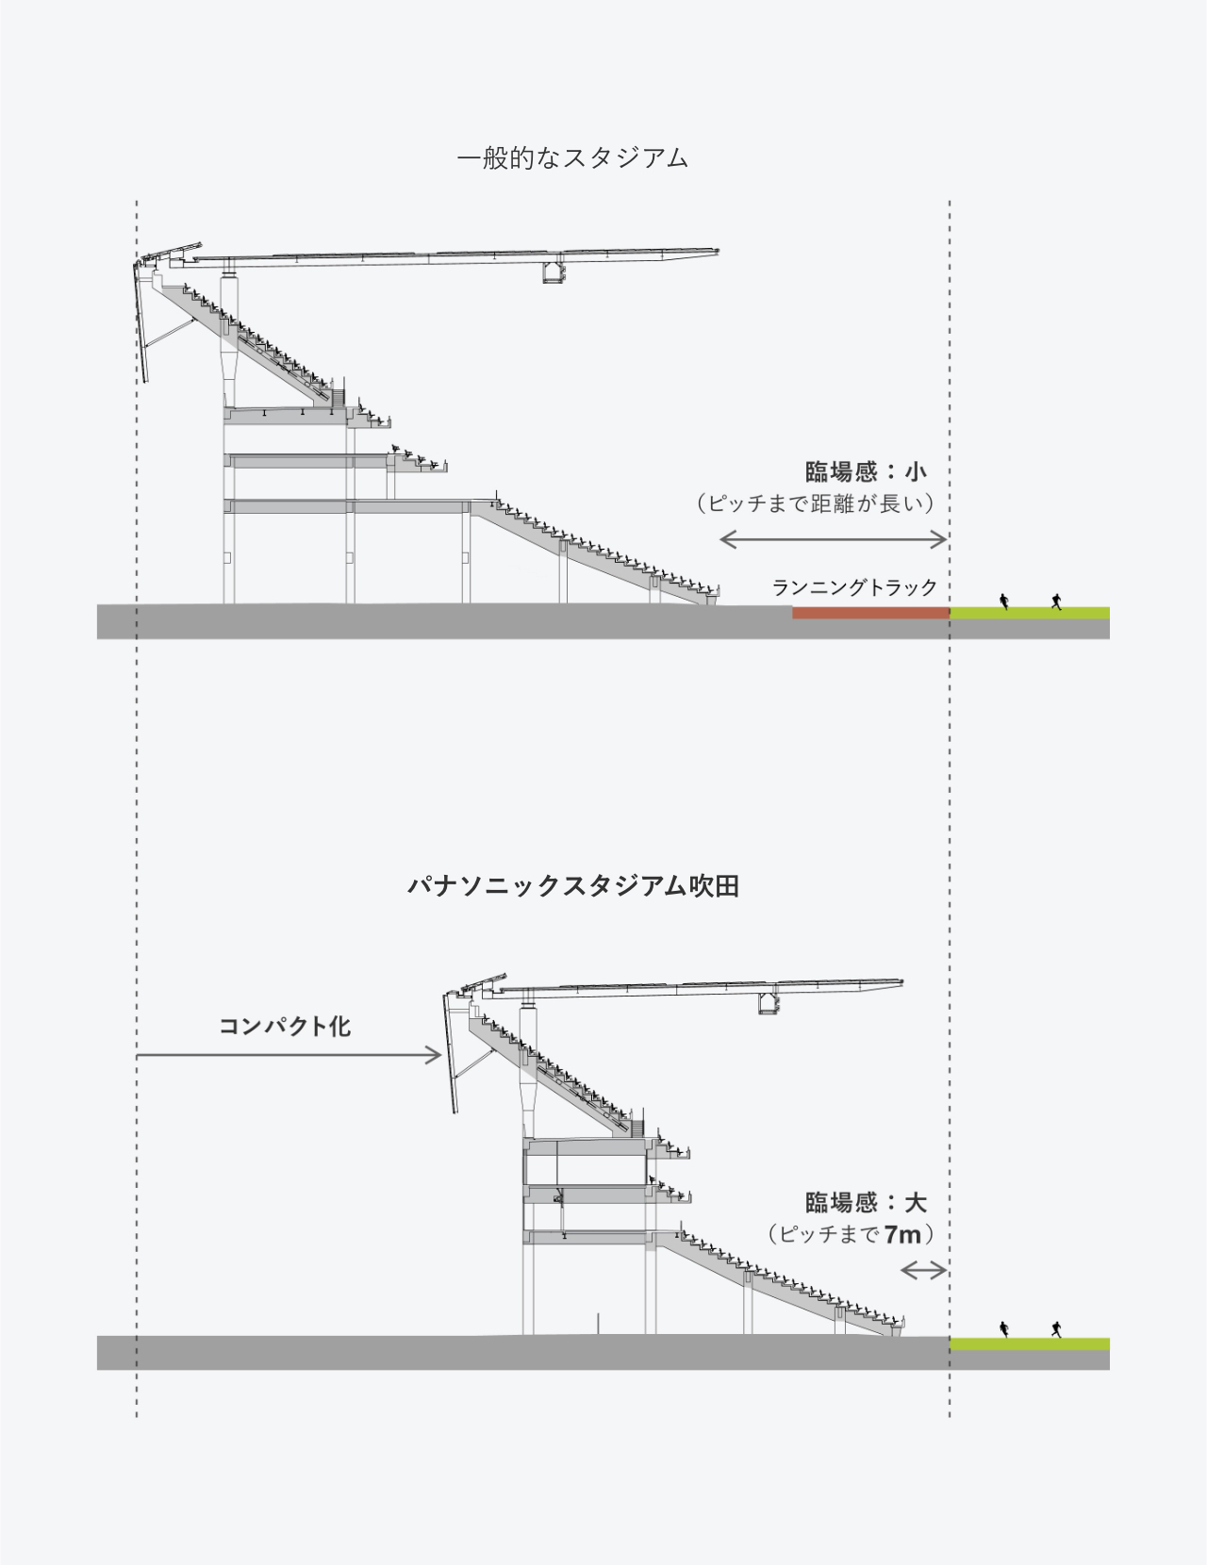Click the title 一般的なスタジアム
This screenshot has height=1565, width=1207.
click(572, 157)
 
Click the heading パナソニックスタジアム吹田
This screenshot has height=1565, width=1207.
click(572, 886)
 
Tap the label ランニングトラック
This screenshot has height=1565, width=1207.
click(854, 587)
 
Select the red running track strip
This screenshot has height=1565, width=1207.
click(869, 613)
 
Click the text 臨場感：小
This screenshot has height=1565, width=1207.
click(865, 471)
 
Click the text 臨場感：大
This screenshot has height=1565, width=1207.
click(865, 1202)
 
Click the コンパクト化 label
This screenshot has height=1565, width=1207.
click(285, 1027)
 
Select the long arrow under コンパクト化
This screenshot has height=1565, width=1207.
click(289, 1055)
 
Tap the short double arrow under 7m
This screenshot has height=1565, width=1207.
click(923, 1271)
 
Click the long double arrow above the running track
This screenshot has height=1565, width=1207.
click(833, 539)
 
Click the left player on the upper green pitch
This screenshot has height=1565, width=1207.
click(1004, 601)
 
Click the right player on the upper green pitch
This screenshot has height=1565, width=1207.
click(1056, 601)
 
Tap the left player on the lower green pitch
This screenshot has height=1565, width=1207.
click(1004, 1329)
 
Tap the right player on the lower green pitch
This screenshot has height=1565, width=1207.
click(1056, 1329)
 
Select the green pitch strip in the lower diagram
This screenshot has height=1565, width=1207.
click(1029, 1343)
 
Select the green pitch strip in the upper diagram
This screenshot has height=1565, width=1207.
click(1029, 613)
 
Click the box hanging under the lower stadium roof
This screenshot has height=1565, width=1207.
click(769, 1004)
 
